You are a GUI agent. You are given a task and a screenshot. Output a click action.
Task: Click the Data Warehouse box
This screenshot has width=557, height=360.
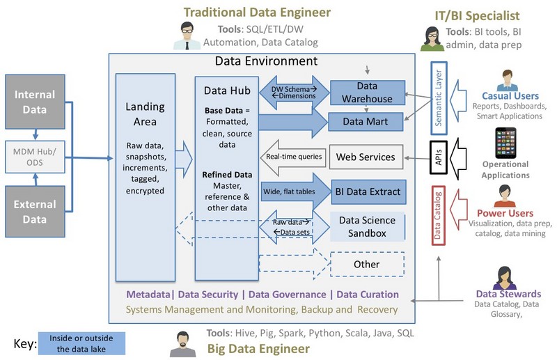pos(366,93)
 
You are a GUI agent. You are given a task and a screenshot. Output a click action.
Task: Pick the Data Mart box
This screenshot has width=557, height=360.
pos(366,121)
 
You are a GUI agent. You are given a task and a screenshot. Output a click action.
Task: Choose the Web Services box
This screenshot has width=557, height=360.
pos(366,157)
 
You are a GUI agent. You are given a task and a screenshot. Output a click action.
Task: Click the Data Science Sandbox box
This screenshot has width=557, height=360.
pos(366,226)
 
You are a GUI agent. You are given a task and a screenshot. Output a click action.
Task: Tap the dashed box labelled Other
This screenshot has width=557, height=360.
pos(366,264)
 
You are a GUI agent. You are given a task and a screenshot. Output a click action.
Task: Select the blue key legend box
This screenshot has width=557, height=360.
pos(82,343)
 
